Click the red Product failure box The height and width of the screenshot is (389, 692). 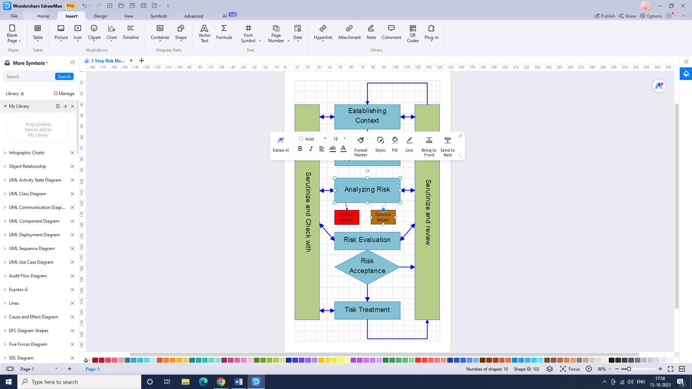point(347,217)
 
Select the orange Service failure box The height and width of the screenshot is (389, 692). point(383,217)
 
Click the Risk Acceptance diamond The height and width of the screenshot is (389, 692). point(367,266)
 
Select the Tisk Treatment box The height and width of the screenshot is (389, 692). point(367,310)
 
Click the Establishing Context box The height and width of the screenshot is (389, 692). point(367,116)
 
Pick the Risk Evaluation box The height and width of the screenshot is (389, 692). point(367,240)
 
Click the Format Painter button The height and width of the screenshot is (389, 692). point(360,146)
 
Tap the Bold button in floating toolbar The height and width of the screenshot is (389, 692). point(300,149)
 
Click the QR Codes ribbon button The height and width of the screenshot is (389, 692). point(413,33)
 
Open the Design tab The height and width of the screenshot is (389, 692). point(100,16)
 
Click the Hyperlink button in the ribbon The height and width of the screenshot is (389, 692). point(323,32)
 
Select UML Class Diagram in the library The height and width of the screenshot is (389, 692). point(27,194)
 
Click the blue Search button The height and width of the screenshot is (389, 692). point(64,77)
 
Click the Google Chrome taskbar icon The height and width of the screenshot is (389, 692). point(221,382)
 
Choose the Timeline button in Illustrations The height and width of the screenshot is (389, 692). point(130,32)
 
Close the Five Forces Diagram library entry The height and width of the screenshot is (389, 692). point(72,344)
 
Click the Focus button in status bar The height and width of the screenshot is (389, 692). point(570,369)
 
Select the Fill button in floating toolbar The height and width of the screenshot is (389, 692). point(395,144)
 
